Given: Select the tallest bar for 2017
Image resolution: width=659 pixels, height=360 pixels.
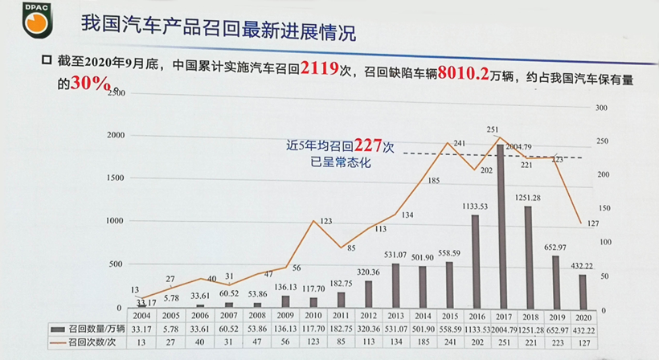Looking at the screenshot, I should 501,225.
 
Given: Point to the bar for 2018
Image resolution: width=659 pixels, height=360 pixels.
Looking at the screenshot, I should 528,257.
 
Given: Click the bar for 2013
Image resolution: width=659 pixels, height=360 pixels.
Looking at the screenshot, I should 395,285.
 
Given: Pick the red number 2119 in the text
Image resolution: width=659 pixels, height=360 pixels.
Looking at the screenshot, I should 320,69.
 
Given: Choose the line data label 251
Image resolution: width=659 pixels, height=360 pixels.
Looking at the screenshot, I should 493,129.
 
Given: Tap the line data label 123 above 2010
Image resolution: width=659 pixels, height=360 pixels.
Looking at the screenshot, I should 325,221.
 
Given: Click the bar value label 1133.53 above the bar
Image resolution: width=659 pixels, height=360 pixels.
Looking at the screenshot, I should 475,207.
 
